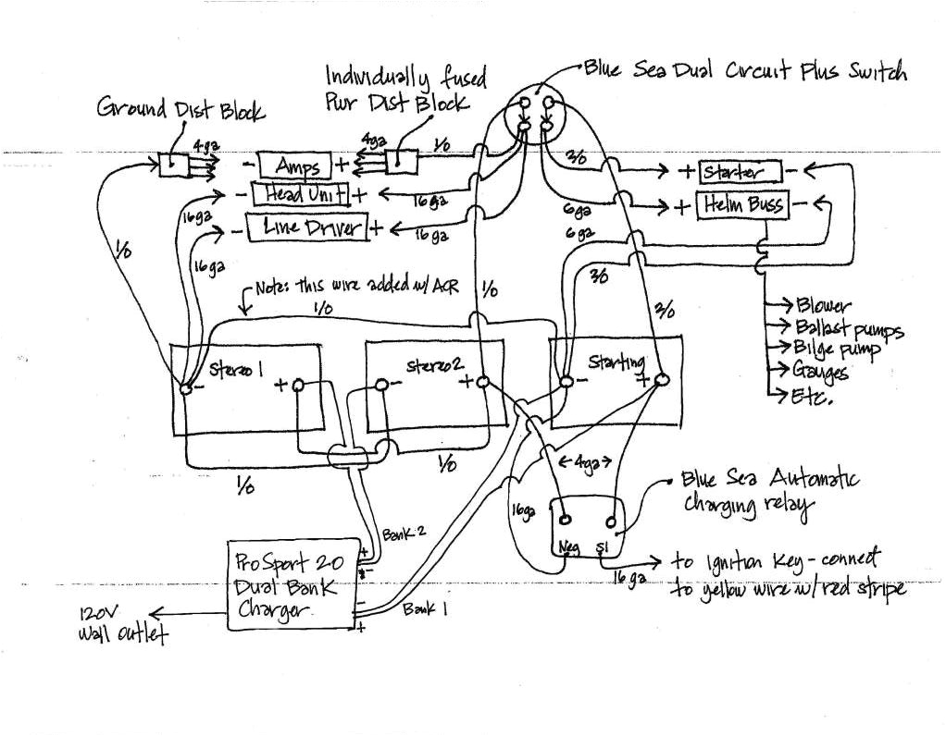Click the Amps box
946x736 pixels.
click(295, 166)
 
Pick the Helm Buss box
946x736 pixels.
click(743, 204)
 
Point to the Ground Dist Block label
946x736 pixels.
click(180, 109)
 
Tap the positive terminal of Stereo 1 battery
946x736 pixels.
click(299, 386)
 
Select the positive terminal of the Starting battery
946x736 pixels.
click(661, 380)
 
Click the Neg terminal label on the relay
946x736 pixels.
click(566, 548)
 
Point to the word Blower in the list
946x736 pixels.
click(821, 306)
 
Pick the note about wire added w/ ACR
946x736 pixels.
click(356, 288)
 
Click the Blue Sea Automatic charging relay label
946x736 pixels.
click(769, 491)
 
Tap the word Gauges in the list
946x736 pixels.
click(820, 373)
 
